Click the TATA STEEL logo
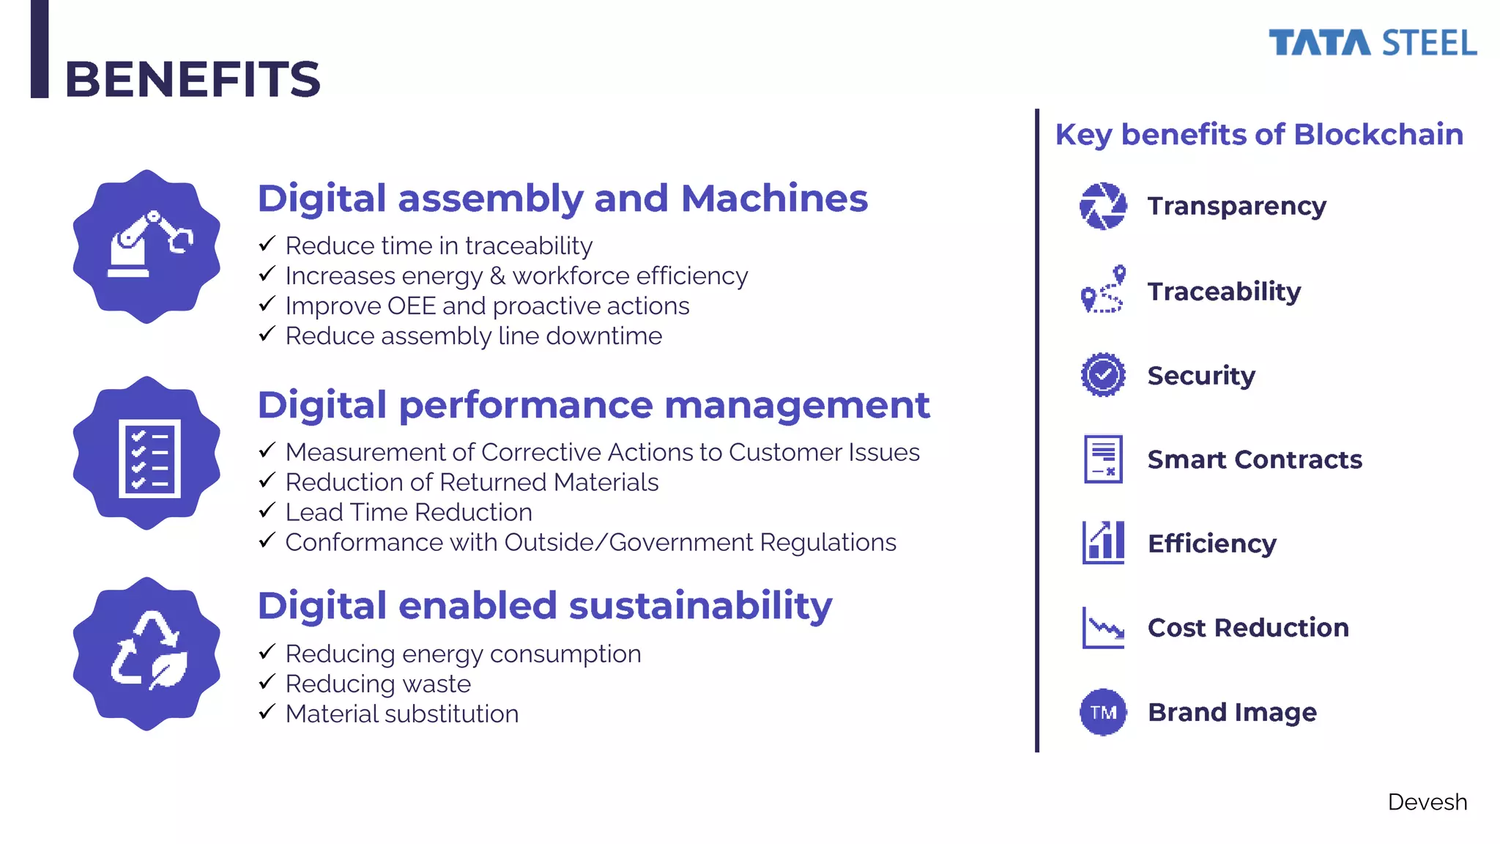tap(1372, 43)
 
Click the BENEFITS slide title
tap(193, 79)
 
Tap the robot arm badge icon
tap(147, 247)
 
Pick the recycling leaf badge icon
tap(147, 654)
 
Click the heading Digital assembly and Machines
tap(562, 199)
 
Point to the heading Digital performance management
tap(593, 405)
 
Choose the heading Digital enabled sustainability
tap(545, 606)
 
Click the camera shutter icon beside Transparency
tap(1103, 206)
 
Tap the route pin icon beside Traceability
tap(1103, 290)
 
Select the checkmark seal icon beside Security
tap(1103, 375)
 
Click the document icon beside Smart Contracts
tap(1103, 459)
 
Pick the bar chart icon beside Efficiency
tap(1103, 543)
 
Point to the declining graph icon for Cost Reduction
tap(1103, 628)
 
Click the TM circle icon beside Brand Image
tap(1103, 712)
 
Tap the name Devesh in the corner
tap(1427, 802)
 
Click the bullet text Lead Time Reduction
tap(409, 512)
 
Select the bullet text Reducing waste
tap(378, 684)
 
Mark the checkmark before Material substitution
tap(267, 711)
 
